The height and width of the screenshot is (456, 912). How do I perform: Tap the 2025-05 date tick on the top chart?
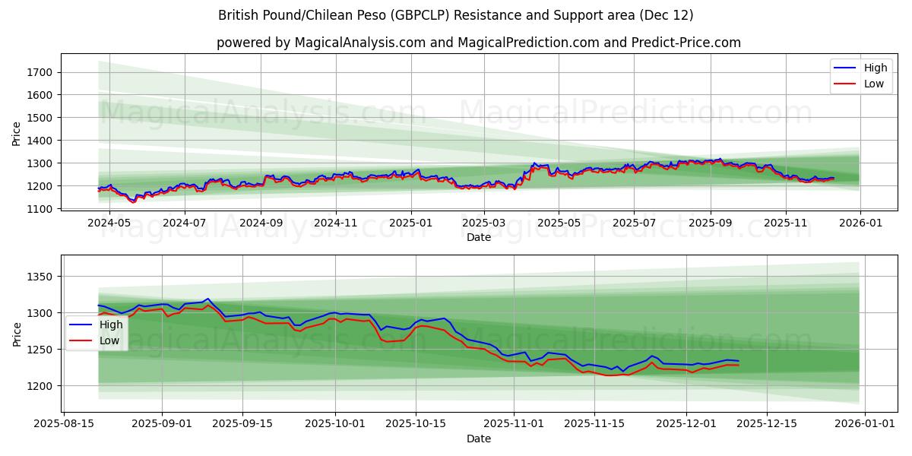click(559, 223)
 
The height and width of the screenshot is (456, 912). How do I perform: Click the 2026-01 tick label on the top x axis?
click(860, 223)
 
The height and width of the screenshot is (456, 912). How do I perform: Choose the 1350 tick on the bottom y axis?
click(42, 277)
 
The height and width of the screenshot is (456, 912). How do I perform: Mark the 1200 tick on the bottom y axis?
click(42, 386)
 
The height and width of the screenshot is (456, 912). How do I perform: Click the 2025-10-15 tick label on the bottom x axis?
click(416, 424)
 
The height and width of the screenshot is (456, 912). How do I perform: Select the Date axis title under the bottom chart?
click(479, 439)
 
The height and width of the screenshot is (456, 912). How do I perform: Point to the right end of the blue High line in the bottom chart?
click(738, 361)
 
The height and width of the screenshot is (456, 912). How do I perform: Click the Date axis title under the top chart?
click(479, 237)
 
